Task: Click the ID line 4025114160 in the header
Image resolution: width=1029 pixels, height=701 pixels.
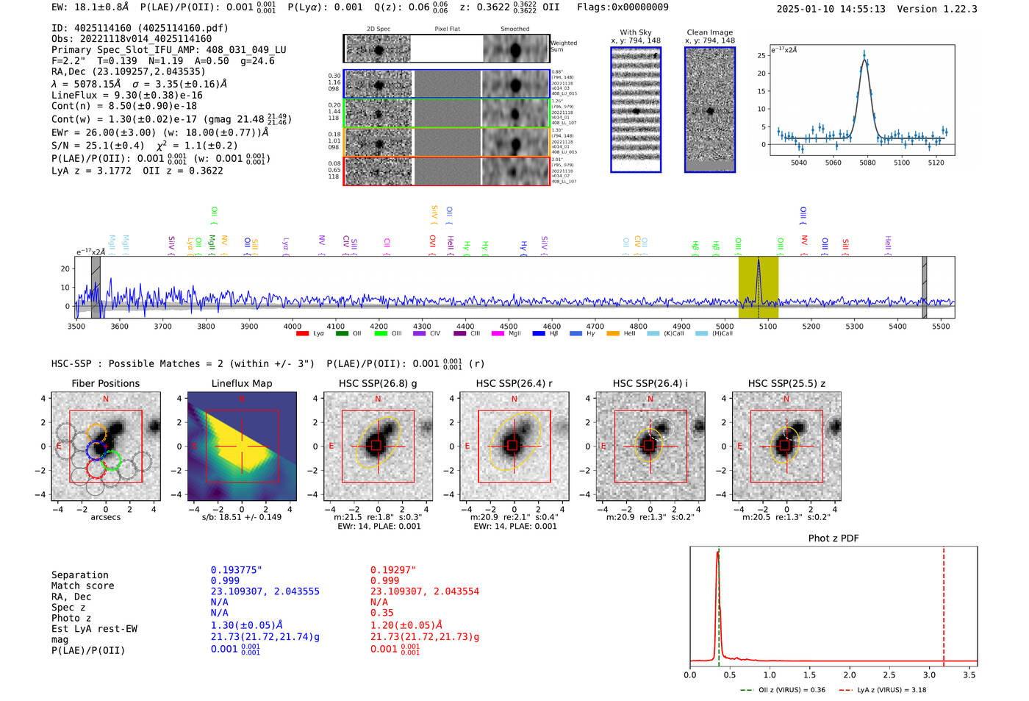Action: point(140,28)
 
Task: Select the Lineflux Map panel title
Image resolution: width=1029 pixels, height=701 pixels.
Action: point(241,383)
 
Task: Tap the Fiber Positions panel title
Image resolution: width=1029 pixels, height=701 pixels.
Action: point(105,383)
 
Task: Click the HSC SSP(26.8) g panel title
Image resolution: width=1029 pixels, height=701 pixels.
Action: point(378,383)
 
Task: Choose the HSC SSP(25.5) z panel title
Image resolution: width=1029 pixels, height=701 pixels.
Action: point(786,383)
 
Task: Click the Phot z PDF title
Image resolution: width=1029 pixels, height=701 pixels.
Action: point(833,538)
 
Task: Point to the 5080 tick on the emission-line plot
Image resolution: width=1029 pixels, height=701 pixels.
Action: point(867,163)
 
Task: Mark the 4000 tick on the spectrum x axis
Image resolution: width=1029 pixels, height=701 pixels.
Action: point(293,326)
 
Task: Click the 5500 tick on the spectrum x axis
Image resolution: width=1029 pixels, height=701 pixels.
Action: point(941,326)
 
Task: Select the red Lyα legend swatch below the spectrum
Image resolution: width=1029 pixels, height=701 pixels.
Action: point(302,334)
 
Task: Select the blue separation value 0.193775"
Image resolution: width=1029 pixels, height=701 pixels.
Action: point(236,570)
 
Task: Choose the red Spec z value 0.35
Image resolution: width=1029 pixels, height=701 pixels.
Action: point(381,613)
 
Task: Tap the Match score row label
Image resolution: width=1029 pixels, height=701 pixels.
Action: point(82,586)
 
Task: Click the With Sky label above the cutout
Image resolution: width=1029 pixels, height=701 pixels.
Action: point(636,32)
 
